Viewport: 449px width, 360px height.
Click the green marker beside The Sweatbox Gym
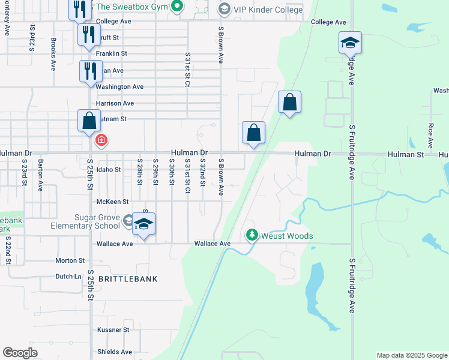[176, 7]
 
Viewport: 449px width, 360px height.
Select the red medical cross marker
[101, 141]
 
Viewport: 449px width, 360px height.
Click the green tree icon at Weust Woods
[253, 236]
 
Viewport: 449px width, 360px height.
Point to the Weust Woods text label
[287, 236]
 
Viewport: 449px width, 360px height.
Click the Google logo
[20, 353]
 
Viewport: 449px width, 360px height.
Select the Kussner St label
[113, 330]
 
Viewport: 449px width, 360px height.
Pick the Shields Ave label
[114, 352]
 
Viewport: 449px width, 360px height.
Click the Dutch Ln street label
[68, 277]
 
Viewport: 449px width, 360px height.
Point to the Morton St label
[70, 260]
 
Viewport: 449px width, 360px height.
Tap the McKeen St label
[113, 202]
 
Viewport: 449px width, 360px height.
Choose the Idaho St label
[109, 170]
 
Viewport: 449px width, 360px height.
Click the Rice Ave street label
[430, 136]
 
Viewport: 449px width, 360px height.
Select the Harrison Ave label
[115, 103]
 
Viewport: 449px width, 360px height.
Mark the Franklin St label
[112, 53]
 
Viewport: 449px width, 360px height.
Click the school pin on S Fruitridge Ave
[350, 43]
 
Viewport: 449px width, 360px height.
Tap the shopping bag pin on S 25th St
[89, 121]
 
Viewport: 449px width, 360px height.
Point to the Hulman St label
[405, 154]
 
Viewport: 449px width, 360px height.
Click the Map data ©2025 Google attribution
[412, 355]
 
